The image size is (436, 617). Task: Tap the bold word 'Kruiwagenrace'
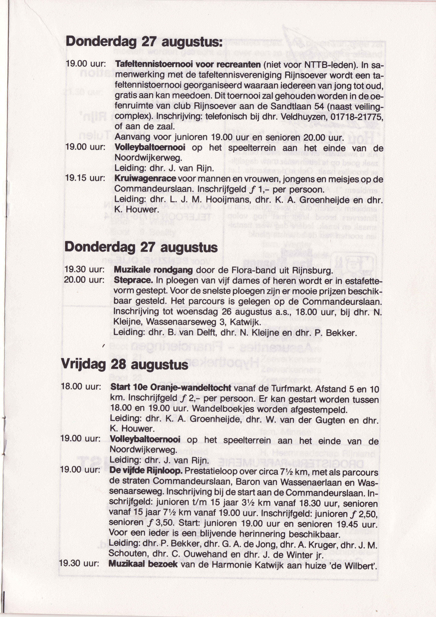point(145,178)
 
